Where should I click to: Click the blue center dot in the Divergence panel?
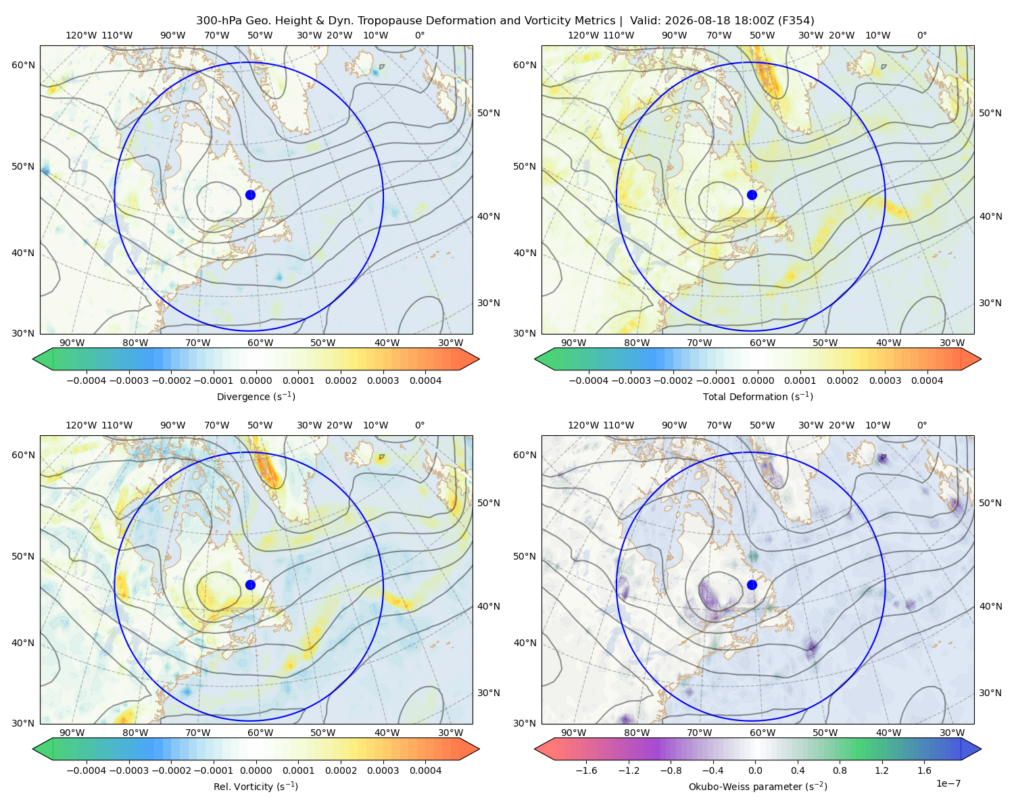pyautogui.click(x=250, y=195)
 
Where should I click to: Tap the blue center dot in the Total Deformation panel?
pyautogui.click(x=752, y=195)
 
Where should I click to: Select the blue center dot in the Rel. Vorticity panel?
pyautogui.click(x=250, y=585)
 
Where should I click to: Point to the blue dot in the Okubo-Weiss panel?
pyautogui.click(x=752, y=585)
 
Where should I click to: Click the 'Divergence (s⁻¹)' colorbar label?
pyautogui.click(x=256, y=396)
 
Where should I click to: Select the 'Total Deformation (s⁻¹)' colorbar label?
pyautogui.click(x=758, y=396)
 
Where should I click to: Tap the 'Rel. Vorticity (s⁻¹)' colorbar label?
pyautogui.click(x=256, y=786)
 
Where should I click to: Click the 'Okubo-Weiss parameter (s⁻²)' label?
pyautogui.click(x=758, y=786)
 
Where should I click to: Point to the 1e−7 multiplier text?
pyautogui.click(x=948, y=783)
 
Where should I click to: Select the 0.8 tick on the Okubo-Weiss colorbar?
pyautogui.click(x=840, y=770)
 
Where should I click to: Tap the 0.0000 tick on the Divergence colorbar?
pyautogui.click(x=256, y=380)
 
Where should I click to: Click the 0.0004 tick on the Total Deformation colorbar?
pyautogui.click(x=927, y=380)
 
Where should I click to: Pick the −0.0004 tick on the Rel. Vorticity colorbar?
pyautogui.click(x=87, y=770)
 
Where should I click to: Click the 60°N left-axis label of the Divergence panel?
pyautogui.click(x=23, y=65)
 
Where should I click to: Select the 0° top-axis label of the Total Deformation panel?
pyautogui.click(x=921, y=35)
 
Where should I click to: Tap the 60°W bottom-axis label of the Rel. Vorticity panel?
pyautogui.click(x=260, y=733)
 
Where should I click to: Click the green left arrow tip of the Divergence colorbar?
pyautogui.click(x=33, y=359)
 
